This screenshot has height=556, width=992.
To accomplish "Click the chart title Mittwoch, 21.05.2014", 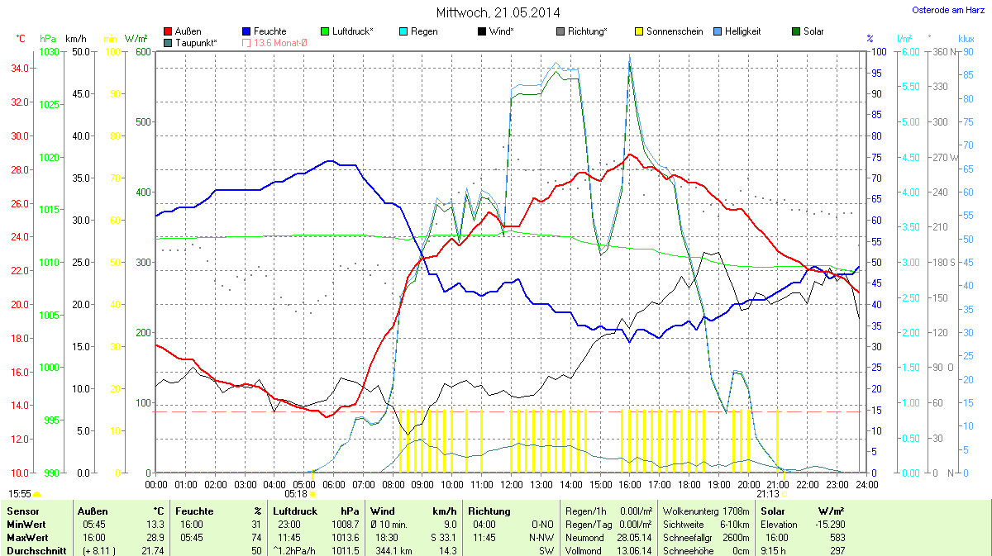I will tap(498, 12).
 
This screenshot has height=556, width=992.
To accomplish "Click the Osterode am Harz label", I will tap(942, 10).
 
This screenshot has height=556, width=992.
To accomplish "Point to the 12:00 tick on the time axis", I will tap(512, 483).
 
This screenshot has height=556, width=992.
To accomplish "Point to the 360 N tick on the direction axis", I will tap(942, 51).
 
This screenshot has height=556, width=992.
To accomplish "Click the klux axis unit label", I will tap(966, 39).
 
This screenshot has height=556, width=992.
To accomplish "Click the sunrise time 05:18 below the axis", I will tap(296, 493).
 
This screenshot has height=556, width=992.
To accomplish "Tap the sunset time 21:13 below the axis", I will tap(766, 493).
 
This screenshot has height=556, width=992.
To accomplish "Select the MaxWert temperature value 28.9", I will tap(155, 538).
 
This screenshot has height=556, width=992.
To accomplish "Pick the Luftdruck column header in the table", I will tap(296, 511).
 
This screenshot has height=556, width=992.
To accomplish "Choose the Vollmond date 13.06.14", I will tap(633, 550).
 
